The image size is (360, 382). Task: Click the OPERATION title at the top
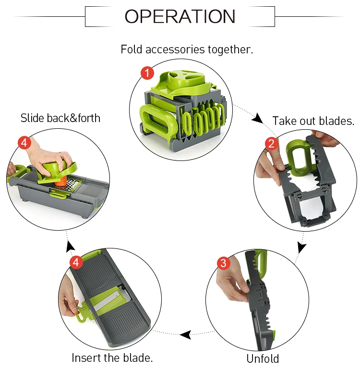pos(180,16)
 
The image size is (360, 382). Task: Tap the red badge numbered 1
pos(147,73)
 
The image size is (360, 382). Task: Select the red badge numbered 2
pos(271,143)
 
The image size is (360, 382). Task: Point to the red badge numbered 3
pos(224,263)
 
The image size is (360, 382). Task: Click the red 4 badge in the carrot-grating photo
pos(24,142)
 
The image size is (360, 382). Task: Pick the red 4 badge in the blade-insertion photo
pos(76,262)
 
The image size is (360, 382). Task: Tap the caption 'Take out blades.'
pos(313,121)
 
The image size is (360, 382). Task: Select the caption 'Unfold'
pos(263,358)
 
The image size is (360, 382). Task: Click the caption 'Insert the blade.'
pos(112,358)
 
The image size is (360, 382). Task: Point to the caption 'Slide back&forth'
pos(60,118)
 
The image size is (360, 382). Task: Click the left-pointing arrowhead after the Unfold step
pos(185,334)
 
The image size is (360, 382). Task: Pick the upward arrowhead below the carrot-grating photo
pos(71,246)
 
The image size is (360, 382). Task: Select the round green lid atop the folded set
pos(185,79)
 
